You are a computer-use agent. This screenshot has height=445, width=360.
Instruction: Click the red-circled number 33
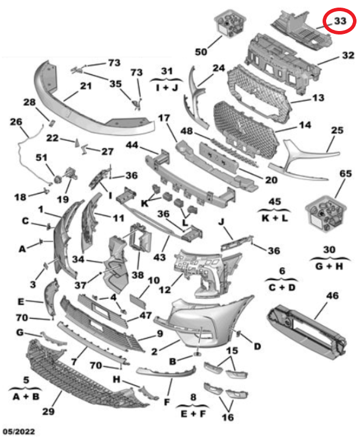click(x=340, y=22)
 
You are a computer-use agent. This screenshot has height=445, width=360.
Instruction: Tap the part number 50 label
click(x=201, y=52)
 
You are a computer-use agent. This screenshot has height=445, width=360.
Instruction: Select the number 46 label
click(x=332, y=296)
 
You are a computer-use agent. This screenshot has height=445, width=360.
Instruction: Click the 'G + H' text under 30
click(x=330, y=265)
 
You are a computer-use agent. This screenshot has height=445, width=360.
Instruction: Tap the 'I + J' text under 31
click(x=167, y=87)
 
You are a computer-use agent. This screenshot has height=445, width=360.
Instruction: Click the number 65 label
click(x=346, y=173)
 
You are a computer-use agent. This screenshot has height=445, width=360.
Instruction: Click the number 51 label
click(x=41, y=157)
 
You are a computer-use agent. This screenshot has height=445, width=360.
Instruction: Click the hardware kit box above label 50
click(x=231, y=24)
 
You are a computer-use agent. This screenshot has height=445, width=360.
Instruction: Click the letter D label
click(x=257, y=346)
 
